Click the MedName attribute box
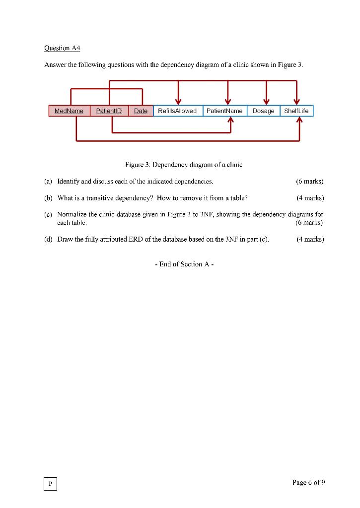point(69,111)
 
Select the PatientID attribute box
point(109,111)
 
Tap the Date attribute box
point(141,111)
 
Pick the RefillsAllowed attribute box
point(177,111)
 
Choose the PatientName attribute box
point(224,111)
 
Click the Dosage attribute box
point(263,111)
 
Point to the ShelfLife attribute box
point(296,111)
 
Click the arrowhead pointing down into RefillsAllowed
point(178,102)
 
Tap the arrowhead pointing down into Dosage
point(267,102)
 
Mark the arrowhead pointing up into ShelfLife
point(300,121)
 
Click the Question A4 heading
point(62,48)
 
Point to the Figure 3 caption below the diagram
point(184,164)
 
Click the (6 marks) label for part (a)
point(309,181)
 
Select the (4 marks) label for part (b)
point(310,198)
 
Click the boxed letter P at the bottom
point(50,484)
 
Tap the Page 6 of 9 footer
point(309,482)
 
